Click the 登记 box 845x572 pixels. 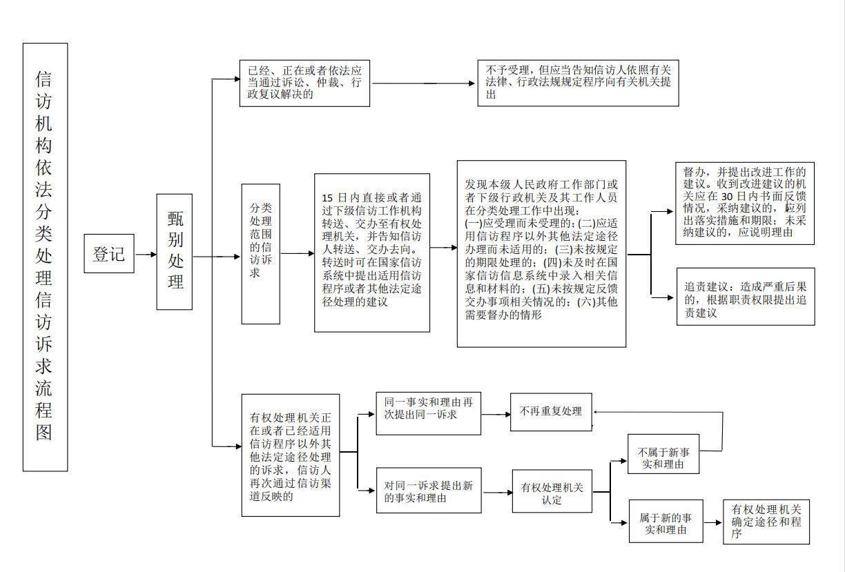coord(108,254)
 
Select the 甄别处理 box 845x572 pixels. coord(174,251)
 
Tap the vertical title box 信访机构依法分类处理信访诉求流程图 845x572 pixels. coord(45,257)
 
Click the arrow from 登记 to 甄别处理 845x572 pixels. coord(146,255)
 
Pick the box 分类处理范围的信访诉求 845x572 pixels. coord(260,253)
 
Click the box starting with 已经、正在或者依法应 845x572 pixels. coord(304,83)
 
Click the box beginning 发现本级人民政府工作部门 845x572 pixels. coord(541,253)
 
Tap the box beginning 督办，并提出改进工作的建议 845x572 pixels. coord(744,203)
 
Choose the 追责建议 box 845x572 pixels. coord(745,297)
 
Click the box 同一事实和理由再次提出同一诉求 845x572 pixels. coord(428,414)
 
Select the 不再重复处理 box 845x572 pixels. coord(551,412)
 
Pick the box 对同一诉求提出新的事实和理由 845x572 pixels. coord(428,491)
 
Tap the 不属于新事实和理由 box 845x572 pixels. coord(663,454)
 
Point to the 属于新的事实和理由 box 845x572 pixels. coord(666,522)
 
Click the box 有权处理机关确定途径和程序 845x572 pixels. coord(766,522)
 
